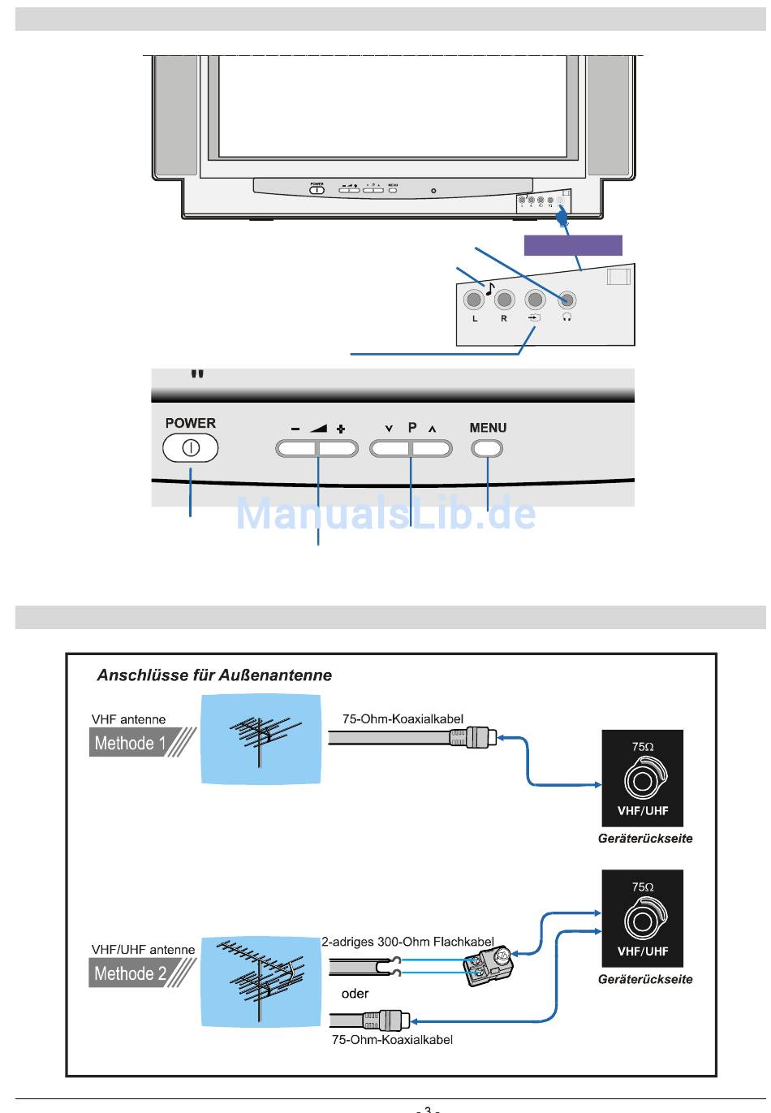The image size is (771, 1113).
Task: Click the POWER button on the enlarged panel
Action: (191, 448)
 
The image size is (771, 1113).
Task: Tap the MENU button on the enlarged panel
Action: (487, 448)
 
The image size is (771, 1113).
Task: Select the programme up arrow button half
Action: (432, 448)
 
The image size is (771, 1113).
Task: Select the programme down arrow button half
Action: (390, 448)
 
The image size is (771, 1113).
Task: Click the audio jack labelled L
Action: (474, 300)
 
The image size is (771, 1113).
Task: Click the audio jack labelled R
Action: (505, 300)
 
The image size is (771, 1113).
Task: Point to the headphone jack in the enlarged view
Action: (566, 300)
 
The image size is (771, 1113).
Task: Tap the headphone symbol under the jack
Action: (566, 317)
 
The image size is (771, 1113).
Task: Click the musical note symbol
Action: (489, 286)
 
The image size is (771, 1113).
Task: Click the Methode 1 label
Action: (130, 743)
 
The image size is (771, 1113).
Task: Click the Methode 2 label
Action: (130, 973)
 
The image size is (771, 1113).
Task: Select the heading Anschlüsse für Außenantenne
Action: (214, 675)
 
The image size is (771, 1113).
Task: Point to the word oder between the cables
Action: (355, 993)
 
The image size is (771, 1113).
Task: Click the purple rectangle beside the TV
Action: (573, 245)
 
